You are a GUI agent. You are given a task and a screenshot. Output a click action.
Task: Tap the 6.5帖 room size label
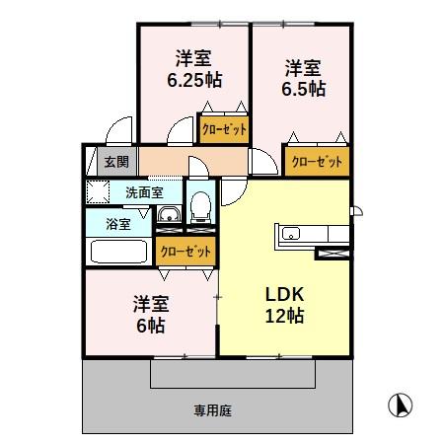click(x=304, y=88)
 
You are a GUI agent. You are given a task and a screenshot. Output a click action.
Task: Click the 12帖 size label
click(x=283, y=316)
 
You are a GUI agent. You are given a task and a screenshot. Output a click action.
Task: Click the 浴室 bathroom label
click(x=118, y=223)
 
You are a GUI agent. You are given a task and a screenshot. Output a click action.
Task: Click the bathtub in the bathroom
click(x=119, y=251)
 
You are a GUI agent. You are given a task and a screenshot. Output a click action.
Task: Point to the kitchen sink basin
click(x=292, y=235)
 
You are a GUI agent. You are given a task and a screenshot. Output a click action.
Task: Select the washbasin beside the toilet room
click(x=169, y=214)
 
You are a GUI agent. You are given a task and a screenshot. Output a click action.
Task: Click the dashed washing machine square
click(x=99, y=191)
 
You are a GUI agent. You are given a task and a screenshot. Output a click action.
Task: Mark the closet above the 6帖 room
click(x=185, y=251)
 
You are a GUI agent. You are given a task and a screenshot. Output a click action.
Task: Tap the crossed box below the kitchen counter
click(x=331, y=253)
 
